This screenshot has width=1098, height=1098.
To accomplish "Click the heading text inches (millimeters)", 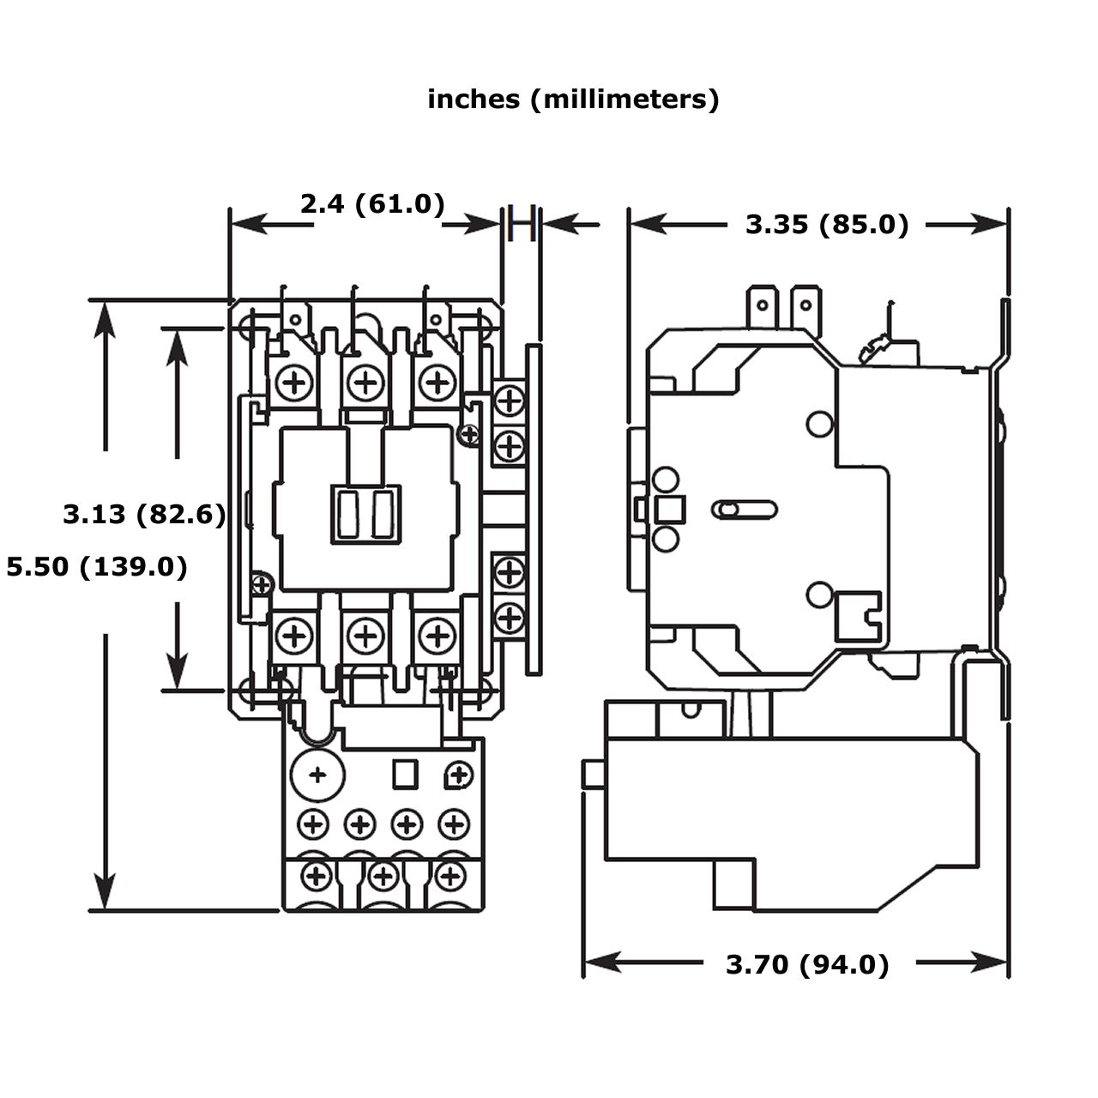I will point(573,100).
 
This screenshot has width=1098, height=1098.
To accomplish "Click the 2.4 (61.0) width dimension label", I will point(372,204).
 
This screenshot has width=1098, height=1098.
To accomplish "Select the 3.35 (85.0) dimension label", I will point(826,225).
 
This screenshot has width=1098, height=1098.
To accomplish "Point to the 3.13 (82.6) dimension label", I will point(144,515).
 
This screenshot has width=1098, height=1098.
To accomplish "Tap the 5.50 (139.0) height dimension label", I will point(97,567).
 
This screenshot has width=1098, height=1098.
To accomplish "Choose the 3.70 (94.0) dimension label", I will point(807,965).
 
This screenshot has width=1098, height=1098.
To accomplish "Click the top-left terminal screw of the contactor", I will point(295,381).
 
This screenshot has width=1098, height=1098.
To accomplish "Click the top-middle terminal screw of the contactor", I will point(366,381).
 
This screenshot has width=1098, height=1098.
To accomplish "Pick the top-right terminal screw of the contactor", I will point(437,381).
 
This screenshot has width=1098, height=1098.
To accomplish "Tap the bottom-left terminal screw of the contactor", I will point(295,636).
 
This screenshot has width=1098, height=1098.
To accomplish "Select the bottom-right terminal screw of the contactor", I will point(437,636).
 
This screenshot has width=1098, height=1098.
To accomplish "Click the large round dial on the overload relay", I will point(318,775).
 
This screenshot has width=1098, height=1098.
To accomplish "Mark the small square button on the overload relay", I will point(405,775).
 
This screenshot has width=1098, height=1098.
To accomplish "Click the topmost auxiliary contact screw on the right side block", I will point(510,400).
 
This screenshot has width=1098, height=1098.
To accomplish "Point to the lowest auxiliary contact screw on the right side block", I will point(510,618).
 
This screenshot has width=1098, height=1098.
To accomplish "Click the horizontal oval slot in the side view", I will point(744,510).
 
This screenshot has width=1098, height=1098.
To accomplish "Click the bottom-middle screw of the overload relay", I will point(383,877).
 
